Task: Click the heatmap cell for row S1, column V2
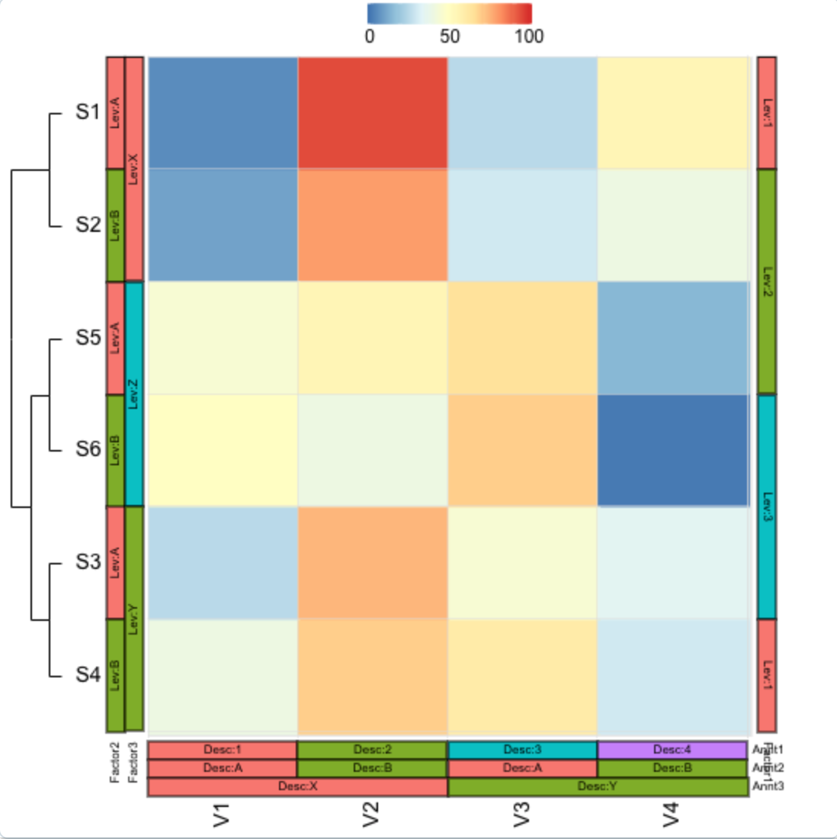pyautogui.click(x=372, y=113)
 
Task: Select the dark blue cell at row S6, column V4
pyautogui.click(x=672, y=450)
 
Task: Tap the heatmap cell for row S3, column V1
pyautogui.click(x=223, y=563)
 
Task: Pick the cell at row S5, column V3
pyautogui.click(x=522, y=338)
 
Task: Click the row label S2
pyautogui.click(x=88, y=225)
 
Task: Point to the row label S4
pyautogui.click(x=88, y=675)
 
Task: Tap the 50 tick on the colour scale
pyautogui.click(x=450, y=36)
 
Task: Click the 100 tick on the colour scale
pyautogui.click(x=528, y=36)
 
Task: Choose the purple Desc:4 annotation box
pyautogui.click(x=672, y=750)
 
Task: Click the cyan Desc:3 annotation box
pyautogui.click(x=522, y=750)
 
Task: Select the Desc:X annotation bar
pyautogui.click(x=297, y=786)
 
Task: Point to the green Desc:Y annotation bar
pyautogui.click(x=597, y=786)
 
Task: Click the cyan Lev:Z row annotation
pyautogui.click(x=133, y=394)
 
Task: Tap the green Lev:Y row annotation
pyautogui.click(x=133, y=619)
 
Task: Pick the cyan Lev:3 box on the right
pyautogui.click(x=767, y=506)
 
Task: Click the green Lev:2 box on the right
pyautogui.click(x=767, y=281)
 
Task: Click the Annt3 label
pyautogui.click(x=768, y=786)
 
